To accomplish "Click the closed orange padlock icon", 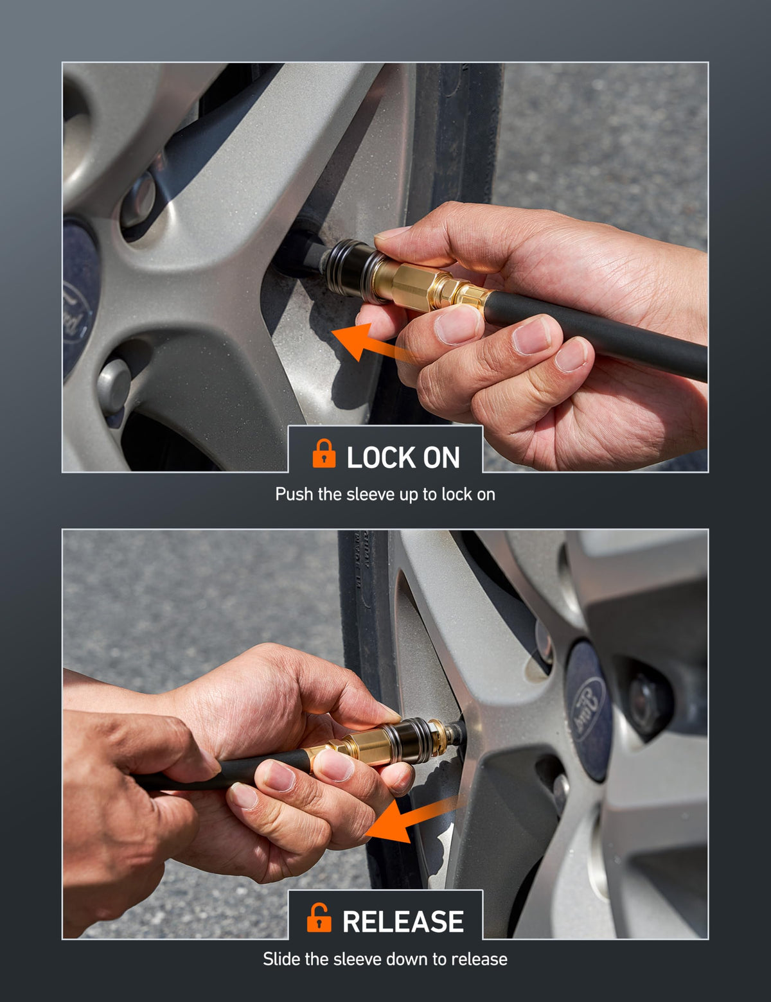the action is pyautogui.click(x=324, y=453).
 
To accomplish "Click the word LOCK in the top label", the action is pyautogui.click(x=382, y=457).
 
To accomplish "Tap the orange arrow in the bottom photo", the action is pyautogui.click(x=408, y=823).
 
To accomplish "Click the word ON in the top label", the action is pyautogui.click(x=441, y=457).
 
